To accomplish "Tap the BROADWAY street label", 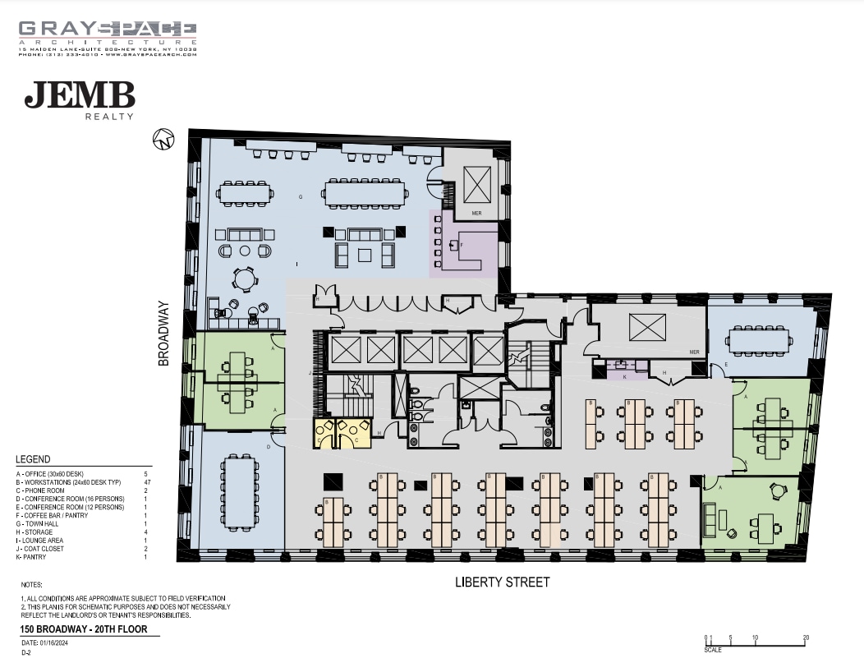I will (x=163, y=334).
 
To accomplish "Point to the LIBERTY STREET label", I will (x=503, y=582).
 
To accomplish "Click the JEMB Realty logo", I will (x=80, y=99).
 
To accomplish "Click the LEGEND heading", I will (x=33, y=459).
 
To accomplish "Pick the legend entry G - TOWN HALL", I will (x=41, y=524).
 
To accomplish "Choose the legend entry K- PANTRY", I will (x=36, y=557).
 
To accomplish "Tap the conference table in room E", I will (x=759, y=338).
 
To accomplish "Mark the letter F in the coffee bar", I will (x=462, y=245).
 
